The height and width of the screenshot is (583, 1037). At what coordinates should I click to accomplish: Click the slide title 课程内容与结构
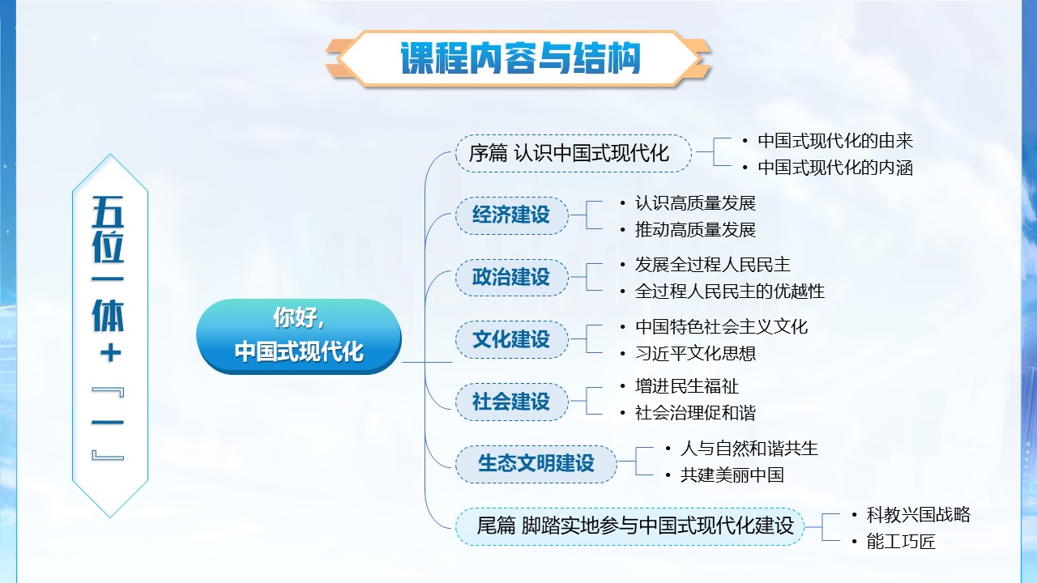click(x=520, y=58)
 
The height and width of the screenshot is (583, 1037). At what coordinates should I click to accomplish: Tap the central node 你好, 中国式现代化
click(x=299, y=336)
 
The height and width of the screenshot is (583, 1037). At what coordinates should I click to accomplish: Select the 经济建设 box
click(x=511, y=215)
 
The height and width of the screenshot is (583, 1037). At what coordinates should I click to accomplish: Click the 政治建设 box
click(x=511, y=277)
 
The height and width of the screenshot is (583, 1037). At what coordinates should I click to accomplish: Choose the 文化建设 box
click(x=511, y=339)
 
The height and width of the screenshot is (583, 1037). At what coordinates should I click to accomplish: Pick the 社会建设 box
click(x=511, y=402)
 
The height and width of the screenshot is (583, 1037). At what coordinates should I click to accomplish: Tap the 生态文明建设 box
click(x=536, y=464)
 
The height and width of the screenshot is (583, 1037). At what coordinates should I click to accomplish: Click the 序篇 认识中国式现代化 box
click(x=573, y=153)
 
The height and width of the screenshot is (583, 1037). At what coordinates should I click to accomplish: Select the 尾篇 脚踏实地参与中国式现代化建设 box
click(x=630, y=526)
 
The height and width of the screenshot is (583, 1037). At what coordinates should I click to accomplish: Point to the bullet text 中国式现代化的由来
click(x=835, y=141)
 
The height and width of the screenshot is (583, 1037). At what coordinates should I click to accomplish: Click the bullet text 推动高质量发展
click(x=695, y=229)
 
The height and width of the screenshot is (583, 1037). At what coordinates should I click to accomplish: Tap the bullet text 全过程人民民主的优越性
click(x=730, y=291)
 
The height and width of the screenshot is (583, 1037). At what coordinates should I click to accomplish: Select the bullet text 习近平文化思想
click(x=695, y=354)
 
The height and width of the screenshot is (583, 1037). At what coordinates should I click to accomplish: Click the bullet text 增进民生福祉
click(x=686, y=386)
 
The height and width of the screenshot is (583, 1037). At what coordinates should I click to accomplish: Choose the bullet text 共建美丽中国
click(x=732, y=475)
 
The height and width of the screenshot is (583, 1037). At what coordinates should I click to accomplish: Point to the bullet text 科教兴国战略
click(x=918, y=514)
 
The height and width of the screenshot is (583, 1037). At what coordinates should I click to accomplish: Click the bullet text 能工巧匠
click(x=901, y=542)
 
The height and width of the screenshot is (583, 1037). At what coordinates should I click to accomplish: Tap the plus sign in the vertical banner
click(x=110, y=354)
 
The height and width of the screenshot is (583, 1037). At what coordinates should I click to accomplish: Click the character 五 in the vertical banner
click(x=109, y=211)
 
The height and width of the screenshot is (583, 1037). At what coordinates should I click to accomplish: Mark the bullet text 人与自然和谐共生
click(x=749, y=449)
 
